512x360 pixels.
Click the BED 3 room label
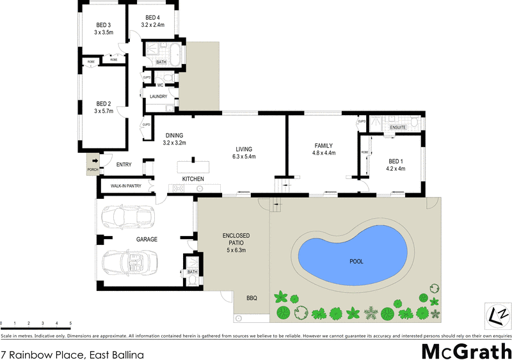(103, 25)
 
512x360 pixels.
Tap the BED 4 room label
(153, 17)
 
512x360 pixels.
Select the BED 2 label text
(104, 104)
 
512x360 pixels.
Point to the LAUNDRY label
(158, 97)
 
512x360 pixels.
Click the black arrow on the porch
(94, 161)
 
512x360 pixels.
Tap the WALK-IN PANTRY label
(125, 186)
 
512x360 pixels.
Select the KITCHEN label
(193, 178)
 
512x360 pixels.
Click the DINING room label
(174, 135)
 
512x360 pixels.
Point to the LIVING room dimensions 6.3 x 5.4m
(244, 157)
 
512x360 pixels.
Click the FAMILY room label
(324, 145)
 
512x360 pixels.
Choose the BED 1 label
(396, 160)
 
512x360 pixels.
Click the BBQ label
(252, 297)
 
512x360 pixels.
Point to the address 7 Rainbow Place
(72, 354)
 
